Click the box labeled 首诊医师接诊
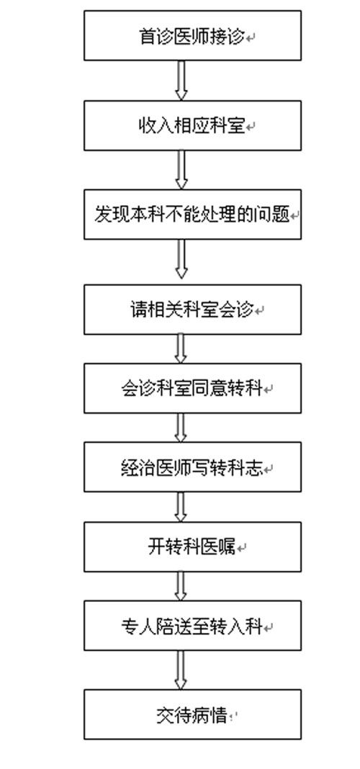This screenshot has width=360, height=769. pyautogui.click(x=192, y=36)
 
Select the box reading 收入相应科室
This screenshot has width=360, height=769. pyautogui.click(x=192, y=125)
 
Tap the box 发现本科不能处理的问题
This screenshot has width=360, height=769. pyautogui.click(x=192, y=215)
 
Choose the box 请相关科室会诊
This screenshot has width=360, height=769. pyautogui.click(x=192, y=310)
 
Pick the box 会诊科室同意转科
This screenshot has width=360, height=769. pyautogui.click(x=192, y=388)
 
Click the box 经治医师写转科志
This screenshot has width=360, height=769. pyautogui.click(x=192, y=467)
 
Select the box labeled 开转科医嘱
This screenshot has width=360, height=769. pyautogui.click(x=192, y=547)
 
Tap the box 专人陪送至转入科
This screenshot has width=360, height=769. pyautogui.click(x=192, y=626)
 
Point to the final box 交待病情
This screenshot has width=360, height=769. pyautogui.click(x=192, y=714)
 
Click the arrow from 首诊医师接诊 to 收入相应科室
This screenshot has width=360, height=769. pyautogui.click(x=181, y=81)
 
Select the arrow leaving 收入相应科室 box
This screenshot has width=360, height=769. pyautogui.click(x=181, y=170)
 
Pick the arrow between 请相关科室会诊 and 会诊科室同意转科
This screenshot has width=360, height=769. pyautogui.click(x=181, y=348)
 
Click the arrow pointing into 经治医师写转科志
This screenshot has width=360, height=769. pyautogui.click(x=181, y=428)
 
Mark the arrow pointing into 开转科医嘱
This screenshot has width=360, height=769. pyautogui.click(x=181, y=507)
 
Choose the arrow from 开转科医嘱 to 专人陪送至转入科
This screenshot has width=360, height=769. pyautogui.click(x=181, y=586)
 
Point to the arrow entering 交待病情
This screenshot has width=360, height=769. pyautogui.click(x=181, y=670)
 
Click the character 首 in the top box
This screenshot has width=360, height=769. pyautogui.click(x=147, y=37)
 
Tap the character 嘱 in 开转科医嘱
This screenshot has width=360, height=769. pyautogui.click(x=228, y=547)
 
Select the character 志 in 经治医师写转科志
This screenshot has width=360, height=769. pyautogui.click(x=254, y=467)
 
